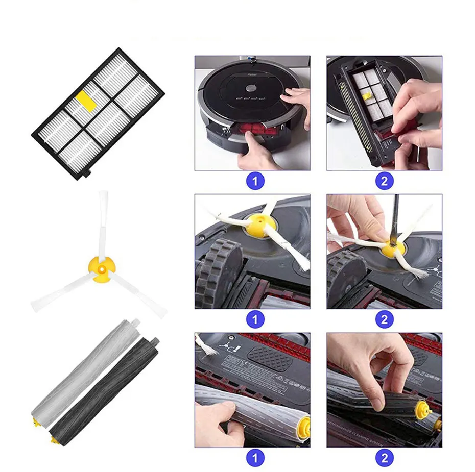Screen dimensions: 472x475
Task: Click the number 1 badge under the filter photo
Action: [x=255, y=181]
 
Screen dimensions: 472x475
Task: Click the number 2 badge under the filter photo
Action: [x=384, y=181]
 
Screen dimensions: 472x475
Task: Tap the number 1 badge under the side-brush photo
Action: [x=255, y=319]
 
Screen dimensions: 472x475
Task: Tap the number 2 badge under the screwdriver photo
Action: [x=384, y=319]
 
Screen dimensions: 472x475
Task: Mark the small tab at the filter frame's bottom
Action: [x=86, y=174]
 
